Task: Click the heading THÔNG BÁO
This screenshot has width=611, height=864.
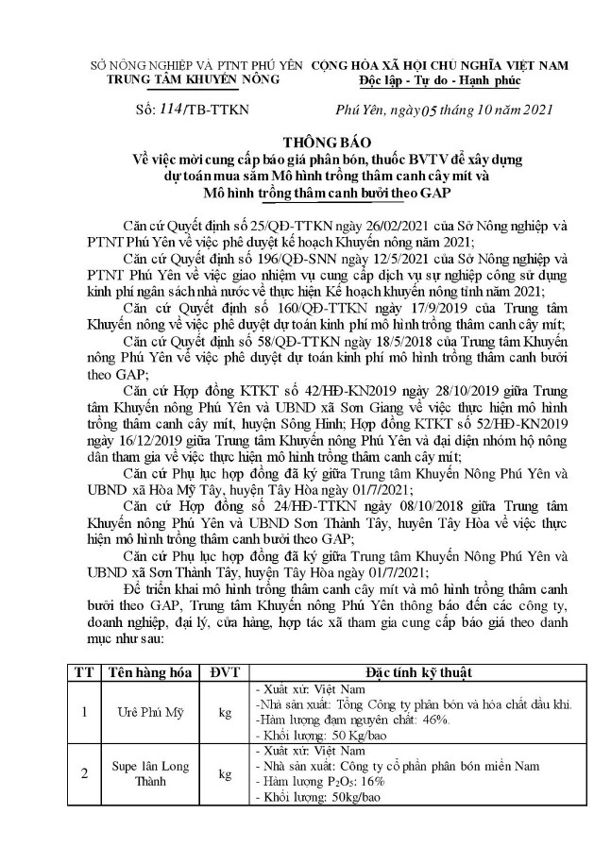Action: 305,136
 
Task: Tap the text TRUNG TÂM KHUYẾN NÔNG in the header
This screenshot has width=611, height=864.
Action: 195,79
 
